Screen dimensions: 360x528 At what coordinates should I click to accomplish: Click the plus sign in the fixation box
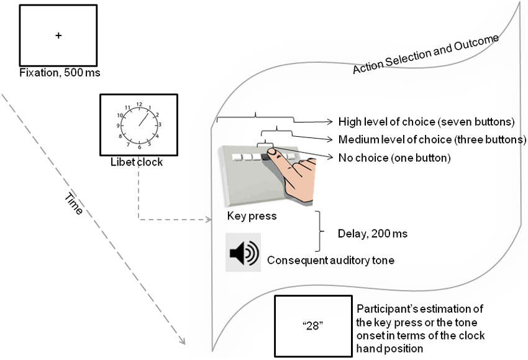point(58,36)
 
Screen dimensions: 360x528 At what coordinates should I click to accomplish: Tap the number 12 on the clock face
point(139,104)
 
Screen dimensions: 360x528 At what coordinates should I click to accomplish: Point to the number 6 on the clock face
point(139,147)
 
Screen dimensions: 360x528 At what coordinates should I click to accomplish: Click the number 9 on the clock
point(118,126)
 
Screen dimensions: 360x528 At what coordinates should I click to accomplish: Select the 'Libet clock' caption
point(139,162)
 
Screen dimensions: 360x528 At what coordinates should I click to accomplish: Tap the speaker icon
point(243,253)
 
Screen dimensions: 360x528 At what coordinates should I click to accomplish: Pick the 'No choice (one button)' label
point(394,158)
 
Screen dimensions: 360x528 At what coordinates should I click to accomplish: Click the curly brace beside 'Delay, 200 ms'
point(321,231)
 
